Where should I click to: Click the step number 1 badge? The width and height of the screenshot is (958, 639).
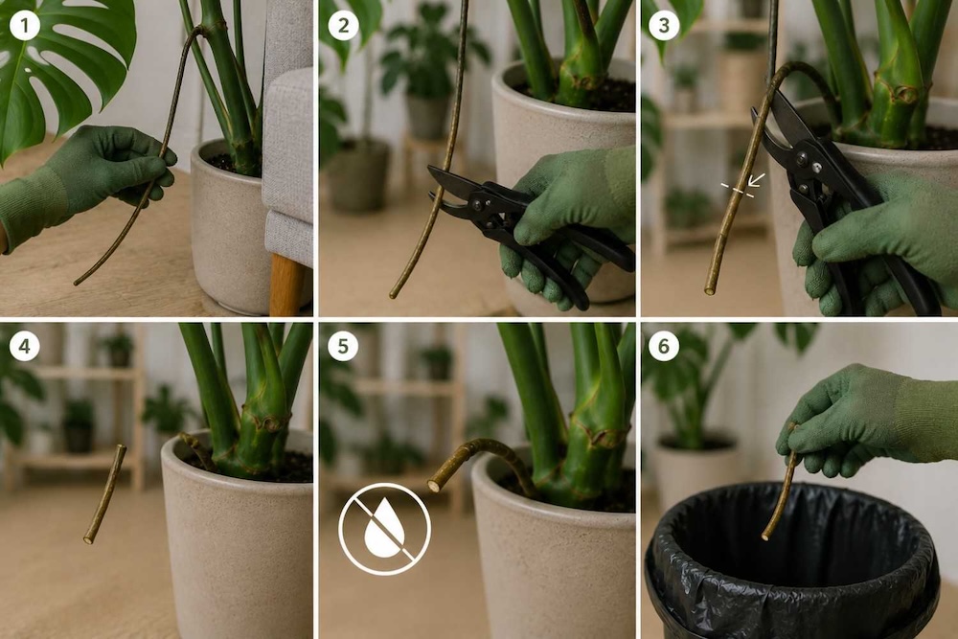tap(25, 26)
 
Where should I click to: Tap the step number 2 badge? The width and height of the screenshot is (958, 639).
tap(343, 26)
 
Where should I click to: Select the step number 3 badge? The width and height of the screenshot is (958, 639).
tap(664, 26)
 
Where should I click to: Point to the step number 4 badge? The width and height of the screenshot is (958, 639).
tap(25, 347)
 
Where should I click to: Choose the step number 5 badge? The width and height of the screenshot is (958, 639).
tap(343, 347)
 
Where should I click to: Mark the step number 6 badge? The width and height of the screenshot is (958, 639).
tap(664, 347)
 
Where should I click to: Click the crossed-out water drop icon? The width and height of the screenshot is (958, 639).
tap(385, 529)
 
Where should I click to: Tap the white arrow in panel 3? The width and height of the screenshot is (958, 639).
tap(757, 179)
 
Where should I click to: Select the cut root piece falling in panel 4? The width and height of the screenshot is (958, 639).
tap(105, 493)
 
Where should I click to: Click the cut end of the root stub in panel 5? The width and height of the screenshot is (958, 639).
tap(435, 486)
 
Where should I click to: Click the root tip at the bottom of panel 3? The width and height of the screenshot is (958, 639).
tap(710, 290)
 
